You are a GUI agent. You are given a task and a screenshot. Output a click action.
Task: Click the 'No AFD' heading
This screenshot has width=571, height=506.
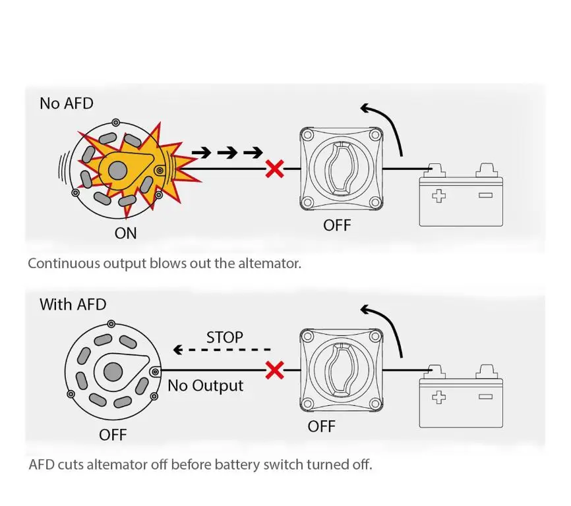point(67,103)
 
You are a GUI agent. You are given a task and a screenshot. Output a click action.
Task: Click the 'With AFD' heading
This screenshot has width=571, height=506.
point(73,304)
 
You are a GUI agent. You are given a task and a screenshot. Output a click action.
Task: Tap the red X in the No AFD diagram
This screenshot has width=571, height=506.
point(275,169)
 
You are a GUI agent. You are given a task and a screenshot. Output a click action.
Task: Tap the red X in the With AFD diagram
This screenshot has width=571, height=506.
point(275,370)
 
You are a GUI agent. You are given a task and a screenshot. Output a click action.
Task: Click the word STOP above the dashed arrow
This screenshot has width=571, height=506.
point(225,337)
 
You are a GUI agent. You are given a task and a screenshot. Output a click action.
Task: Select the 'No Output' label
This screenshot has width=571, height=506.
point(205,386)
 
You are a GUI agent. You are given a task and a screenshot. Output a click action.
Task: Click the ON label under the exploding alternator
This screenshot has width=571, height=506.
point(126,233)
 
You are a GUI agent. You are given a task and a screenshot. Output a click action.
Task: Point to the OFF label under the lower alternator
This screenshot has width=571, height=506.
point(113,435)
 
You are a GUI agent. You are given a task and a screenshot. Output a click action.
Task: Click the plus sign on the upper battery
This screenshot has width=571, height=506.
point(439,196)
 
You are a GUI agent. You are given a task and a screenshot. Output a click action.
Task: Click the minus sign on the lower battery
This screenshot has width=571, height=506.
point(485,397)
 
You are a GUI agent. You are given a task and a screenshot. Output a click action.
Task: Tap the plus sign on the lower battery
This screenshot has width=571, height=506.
point(439,397)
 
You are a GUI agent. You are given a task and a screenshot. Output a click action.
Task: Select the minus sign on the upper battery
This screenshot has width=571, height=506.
point(485,195)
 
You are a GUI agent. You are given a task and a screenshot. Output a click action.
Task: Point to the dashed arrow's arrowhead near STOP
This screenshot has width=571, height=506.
point(178,350)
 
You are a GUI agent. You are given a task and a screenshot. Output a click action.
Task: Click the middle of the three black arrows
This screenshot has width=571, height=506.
point(227,153)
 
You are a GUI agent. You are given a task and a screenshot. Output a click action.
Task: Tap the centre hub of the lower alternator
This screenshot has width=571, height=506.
point(113,372)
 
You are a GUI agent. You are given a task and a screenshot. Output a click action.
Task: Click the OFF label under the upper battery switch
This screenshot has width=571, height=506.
point(337,225)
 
